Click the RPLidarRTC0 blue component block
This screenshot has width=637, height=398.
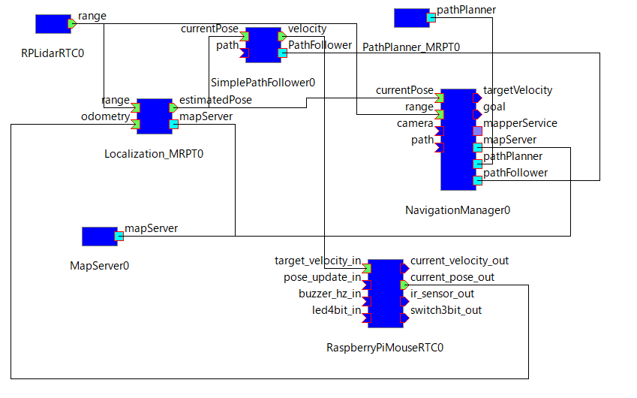click(x=53, y=24)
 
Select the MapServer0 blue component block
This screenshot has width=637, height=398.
click(x=99, y=237)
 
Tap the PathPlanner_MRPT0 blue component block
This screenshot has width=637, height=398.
click(x=410, y=17)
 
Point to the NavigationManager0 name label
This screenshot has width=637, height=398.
click(x=458, y=210)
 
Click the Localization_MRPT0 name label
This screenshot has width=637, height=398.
click(x=154, y=154)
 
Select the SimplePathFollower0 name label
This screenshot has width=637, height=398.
click(x=263, y=82)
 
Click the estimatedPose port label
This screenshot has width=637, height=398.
click(x=216, y=99)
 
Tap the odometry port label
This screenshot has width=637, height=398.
click(x=105, y=116)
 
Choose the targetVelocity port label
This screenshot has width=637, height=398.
click(x=518, y=90)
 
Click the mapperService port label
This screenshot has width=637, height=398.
click(x=520, y=123)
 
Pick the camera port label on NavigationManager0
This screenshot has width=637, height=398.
click(x=415, y=123)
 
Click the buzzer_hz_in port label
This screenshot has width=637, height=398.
click(x=329, y=294)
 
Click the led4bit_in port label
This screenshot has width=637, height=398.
click(x=336, y=310)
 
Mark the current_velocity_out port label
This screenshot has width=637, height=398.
click(x=459, y=261)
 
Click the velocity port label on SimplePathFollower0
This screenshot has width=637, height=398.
click(x=308, y=29)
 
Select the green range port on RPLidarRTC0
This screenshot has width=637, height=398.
click(x=72, y=24)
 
